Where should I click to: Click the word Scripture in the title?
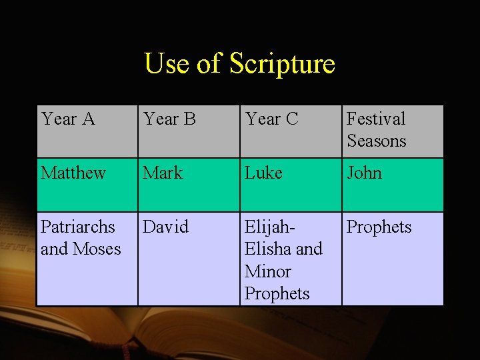pyautogui.click(x=282, y=65)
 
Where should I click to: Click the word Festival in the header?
pyautogui.click(x=376, y=119)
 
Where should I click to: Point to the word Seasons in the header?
pyautogui.click(x=376, y=141)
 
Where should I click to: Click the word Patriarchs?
pyautogui.click(x=77, y=227)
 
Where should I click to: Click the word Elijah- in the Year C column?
pyautogui.click(x=270, y=227)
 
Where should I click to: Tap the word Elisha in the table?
pyautogui.click(x=268, y=249)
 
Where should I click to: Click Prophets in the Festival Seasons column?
pyautogui.click(x=379, y=227)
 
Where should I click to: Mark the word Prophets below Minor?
pyautogui.click(x=277, y=294)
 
